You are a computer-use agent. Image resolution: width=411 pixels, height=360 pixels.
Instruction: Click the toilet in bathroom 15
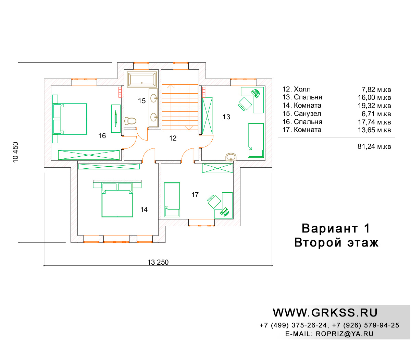[130, 121]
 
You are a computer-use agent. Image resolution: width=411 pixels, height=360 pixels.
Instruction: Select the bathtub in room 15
[142, 79]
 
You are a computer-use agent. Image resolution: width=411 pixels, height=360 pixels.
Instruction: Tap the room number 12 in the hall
[173, 138]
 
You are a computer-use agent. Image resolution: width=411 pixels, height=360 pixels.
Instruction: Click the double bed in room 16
[70, 119]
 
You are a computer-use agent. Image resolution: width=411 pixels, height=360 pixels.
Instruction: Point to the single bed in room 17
[172, 200]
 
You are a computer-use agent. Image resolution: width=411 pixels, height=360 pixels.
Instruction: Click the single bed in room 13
[256, 140]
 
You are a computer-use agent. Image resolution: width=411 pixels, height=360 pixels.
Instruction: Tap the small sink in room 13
[231, 157]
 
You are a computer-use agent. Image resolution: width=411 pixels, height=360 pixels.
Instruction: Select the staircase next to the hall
[180, 107]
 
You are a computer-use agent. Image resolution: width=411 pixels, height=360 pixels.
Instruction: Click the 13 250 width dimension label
[158, 262]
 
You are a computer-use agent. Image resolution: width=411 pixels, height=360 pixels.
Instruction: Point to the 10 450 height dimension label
[15, 152]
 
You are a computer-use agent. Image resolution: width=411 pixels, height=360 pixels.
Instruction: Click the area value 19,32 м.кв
[374, 106]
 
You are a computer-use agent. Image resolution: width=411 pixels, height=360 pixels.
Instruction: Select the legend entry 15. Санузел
[302, 113]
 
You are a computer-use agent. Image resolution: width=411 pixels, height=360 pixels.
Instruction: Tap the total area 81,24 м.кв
[374, 146]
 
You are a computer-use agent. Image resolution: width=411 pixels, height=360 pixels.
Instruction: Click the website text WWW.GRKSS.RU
[325, 313]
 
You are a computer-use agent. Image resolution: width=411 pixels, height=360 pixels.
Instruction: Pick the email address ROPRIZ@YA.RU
[345, 334]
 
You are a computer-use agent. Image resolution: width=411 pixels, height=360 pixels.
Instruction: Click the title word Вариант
[329, 228]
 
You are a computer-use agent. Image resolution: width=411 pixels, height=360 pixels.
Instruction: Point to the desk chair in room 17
[214, 201]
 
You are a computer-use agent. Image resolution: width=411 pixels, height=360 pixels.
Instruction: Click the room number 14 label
[144, 209]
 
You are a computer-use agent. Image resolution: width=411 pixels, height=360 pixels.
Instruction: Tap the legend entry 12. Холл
[297, 89]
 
